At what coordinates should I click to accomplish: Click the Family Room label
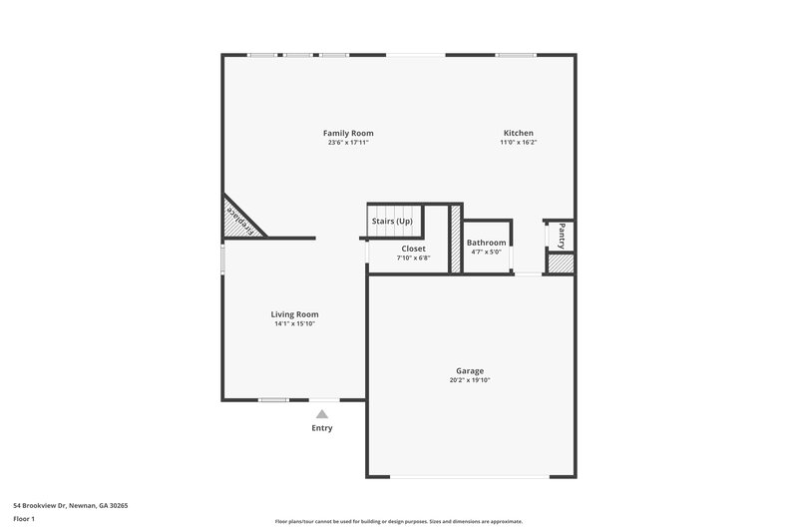point(348,133)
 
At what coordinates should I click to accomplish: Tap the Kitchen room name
point(518,133)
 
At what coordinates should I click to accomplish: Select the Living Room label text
point(294,314)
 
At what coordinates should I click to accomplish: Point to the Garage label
point(469,370)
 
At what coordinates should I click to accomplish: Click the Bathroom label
point(486,243)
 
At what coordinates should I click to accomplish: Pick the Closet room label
point(413,248)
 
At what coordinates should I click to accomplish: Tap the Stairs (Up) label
point(392,221)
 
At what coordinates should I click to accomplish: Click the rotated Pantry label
point(562,236)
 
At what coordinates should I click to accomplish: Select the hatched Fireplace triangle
point(236,221)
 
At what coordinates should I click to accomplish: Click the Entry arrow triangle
point(321,413)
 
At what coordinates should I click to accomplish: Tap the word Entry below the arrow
point(321,428)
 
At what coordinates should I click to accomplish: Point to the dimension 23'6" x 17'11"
point(348,143)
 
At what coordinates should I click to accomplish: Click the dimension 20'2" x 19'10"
point(469,380)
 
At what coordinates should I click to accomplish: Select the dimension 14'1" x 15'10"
point(294,324)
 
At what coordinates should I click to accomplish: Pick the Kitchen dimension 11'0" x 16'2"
point(518,143)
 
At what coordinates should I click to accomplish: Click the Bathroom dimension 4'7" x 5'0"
point(486,252)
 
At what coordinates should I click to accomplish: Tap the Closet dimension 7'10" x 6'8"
point(413,258)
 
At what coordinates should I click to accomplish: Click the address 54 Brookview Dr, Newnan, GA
point(70,506)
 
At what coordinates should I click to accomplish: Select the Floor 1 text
point(25,519)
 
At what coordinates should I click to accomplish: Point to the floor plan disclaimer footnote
point(398,521)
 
